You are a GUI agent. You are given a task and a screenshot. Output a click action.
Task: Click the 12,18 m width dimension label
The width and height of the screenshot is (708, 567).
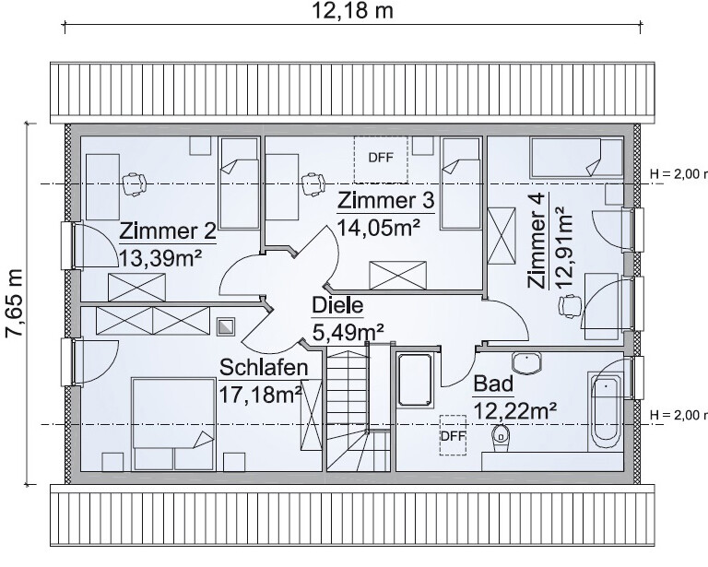coord(353,11)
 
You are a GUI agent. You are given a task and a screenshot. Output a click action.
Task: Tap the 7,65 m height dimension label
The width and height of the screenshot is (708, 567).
coord(15,303)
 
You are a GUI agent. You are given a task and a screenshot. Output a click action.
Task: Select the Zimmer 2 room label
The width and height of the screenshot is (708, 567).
coord(168,231)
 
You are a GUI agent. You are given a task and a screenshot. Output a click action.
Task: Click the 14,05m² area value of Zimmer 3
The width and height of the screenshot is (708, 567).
coord(379,228)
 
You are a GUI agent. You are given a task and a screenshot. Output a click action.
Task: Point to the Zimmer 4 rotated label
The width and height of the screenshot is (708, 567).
coord(537,241)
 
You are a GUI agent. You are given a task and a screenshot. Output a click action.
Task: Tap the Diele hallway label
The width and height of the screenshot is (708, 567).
coord(337,305)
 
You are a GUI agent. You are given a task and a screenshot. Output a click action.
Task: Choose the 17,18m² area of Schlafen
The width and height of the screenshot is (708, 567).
coord(261,395)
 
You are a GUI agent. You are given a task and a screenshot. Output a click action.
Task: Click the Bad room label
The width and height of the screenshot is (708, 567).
coord(493,384)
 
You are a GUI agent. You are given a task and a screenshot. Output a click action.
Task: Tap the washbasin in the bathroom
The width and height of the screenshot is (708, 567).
coord(526,363)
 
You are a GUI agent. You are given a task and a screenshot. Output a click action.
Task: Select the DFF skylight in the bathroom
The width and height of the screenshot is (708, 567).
coord(453,436)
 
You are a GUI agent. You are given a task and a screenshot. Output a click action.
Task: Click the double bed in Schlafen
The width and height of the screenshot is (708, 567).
coord(172,424)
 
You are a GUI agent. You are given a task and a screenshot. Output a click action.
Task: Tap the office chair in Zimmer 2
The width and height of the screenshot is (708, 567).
coord(135,183)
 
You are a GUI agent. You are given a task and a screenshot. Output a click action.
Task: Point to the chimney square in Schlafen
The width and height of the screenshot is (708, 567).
coord(226,326)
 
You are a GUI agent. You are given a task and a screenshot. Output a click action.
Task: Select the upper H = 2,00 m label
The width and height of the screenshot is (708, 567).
coord(678,174)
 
